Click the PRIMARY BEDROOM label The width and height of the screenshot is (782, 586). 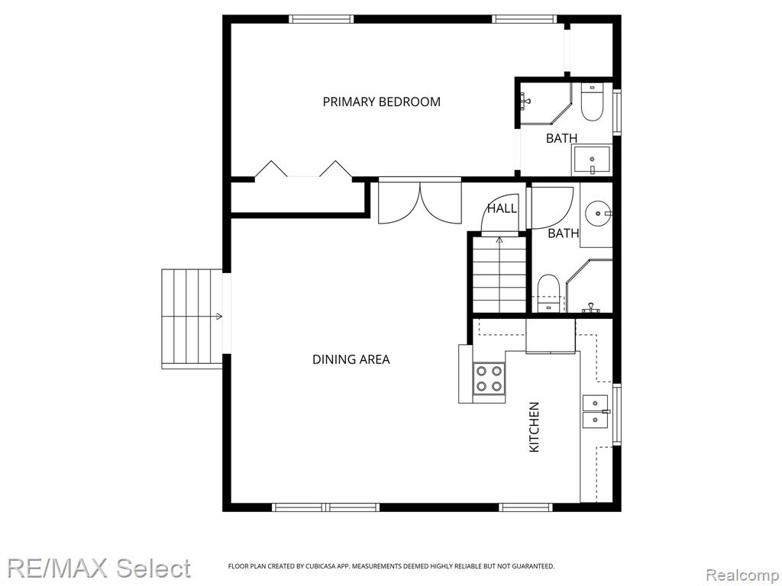[x=382, y=101]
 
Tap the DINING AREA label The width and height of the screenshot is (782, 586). [x=351, y=359]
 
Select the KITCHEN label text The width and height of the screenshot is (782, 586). [x=534, y=427]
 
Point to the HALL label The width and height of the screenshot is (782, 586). [x=502, y=208]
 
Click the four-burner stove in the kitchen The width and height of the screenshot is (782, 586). [x=490, y=378]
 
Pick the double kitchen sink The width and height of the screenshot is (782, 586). [x=596, y=411]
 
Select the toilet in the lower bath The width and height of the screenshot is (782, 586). [x=548, y=292]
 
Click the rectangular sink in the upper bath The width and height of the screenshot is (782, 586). [x=592, y=159]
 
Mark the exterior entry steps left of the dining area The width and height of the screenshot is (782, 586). [x=192, y=319]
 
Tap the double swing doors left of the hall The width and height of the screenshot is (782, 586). [x=420, y=202]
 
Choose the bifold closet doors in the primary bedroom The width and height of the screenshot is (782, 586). [x=304, y=169]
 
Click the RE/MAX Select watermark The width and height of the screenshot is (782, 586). [x=99, y=568]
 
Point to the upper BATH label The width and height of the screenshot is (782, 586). [x=561, y=138]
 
